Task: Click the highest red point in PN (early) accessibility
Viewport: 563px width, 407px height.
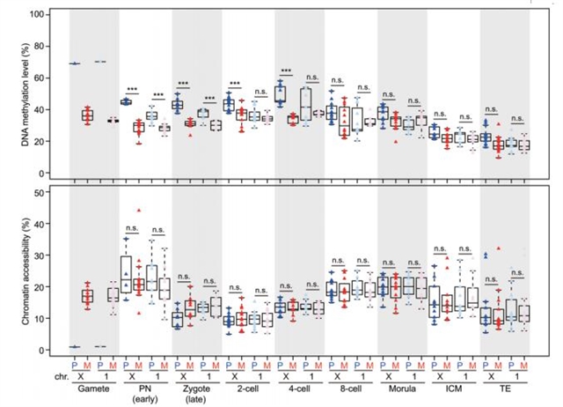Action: point(138,211)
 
